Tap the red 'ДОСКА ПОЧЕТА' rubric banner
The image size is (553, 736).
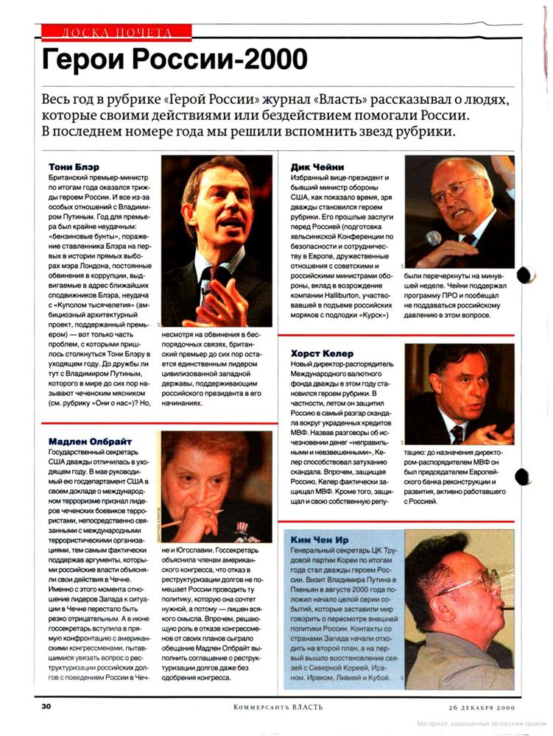click(116, 32)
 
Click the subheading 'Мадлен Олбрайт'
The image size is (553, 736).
click(83, 439)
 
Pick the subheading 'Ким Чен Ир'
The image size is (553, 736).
click(320, 540)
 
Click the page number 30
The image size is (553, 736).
click(46, 707)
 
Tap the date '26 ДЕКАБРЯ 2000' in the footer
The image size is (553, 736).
click(482, 707)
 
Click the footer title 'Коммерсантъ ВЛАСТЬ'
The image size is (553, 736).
click(278, 707)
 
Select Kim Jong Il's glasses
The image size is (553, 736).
click(471, 586)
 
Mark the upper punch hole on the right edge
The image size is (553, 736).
click(526, 275)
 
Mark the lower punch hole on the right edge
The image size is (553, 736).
click(524, 476)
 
